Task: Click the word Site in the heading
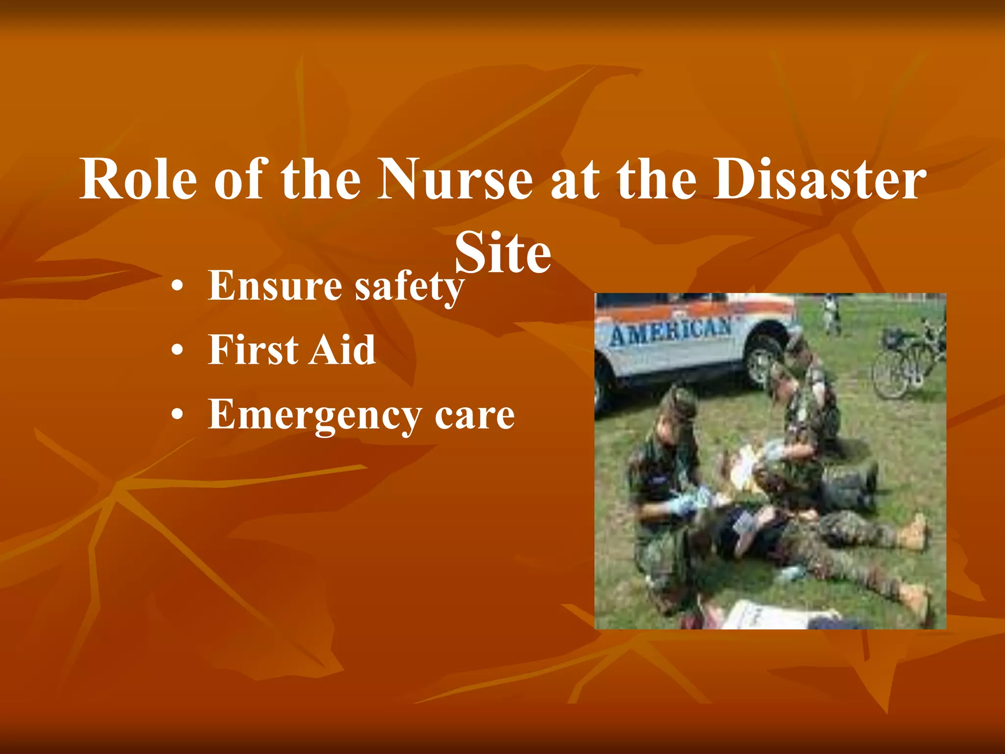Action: coord(503,253)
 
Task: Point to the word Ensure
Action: coord(275,286)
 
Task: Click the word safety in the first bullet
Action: coord(409,287)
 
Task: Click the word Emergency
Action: coord(315,415)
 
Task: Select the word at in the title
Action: coord(575,180)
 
